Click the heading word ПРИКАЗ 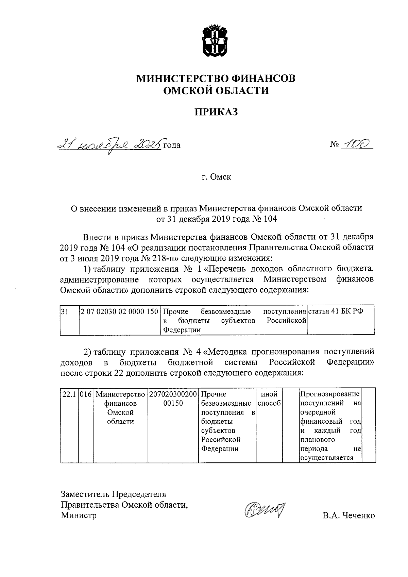point(216,112)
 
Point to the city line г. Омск point(216,177)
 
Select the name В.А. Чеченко point(349,515)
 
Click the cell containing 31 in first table point(65,311)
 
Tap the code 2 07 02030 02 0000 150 point(119,311)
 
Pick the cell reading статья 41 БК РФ point(335,311)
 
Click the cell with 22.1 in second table point(69,394)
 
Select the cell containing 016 point(85,394)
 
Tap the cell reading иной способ point(269,399)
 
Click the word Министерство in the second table point(120,394)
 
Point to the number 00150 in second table point(173,404)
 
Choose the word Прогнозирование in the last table point(330,394)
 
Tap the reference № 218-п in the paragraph point(157,257)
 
